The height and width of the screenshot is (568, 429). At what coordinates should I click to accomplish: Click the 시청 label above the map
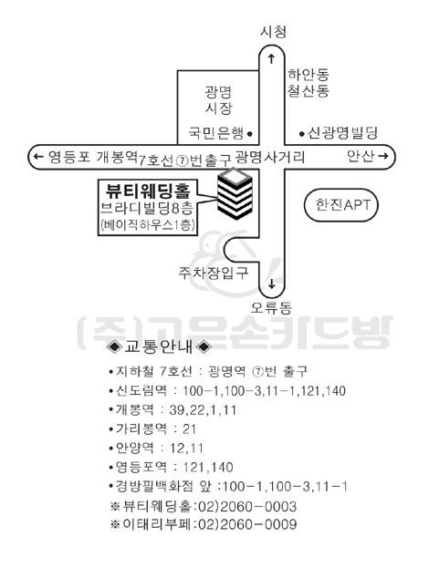click(273, 32)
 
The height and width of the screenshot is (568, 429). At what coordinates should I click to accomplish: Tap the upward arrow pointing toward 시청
click(271, 58)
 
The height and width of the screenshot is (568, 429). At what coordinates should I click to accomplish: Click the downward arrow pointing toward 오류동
click(272, 284)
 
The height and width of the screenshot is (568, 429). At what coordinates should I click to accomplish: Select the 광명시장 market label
click(218, 100)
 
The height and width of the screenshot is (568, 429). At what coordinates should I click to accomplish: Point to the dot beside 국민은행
click(249, 134)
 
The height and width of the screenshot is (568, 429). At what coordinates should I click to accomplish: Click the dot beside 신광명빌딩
click(302, 134)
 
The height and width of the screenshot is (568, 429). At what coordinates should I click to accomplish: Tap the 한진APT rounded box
click(340, 205)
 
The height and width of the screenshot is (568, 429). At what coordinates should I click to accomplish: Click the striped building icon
click(235, 194)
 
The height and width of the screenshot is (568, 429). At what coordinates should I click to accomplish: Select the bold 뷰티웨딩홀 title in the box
click(148, 191)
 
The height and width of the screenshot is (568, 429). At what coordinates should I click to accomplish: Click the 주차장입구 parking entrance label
click(214, 273)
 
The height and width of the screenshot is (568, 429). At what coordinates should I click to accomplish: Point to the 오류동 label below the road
click(271, 308)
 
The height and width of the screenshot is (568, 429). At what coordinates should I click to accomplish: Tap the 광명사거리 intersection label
click(270, 157)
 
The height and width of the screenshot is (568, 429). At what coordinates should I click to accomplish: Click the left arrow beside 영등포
click(38, 157)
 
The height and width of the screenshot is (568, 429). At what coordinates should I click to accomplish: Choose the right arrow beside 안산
click(383, 156)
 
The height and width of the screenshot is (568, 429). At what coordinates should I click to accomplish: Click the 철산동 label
click(309, 90)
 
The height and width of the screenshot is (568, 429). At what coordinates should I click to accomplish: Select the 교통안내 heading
click(159, 346)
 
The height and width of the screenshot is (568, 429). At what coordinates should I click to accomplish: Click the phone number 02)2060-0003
click(247, 506)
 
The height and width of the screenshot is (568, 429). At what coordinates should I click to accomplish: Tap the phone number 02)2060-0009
click(247, 524)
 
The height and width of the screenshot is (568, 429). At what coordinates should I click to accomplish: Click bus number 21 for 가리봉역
click(189, 429)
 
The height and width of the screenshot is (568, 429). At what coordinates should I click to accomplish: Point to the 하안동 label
click(309, 75)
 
